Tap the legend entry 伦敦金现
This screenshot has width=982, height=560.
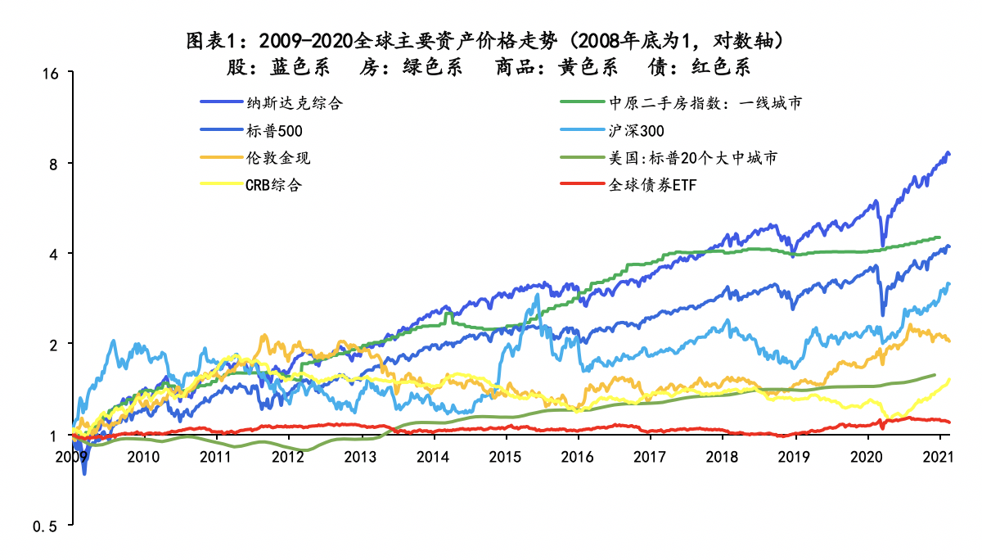[x=277, y=157]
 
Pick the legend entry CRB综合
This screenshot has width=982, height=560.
[x=273, y=184]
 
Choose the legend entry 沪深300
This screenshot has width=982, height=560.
[x=636, y=130]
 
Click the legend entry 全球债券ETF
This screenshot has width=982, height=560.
[x=651, y=184]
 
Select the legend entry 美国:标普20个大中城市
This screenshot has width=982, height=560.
[x=691, y=157]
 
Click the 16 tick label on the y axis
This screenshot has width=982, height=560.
[x=51, y=74]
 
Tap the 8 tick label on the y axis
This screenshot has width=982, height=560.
[x=55, y=164]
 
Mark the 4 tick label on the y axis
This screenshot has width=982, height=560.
[x=55, y=254]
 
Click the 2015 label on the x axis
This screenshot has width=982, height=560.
[x=506, y=456]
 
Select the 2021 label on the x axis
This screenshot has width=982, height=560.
[x=936, y=456]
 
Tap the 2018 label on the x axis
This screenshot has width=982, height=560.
[x=722, y=456]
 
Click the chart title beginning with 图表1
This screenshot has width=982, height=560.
[x=490, y=40]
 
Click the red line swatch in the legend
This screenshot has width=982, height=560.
[x=582, y=184]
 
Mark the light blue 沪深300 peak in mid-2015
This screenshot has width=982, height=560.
[x=538, y=295]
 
